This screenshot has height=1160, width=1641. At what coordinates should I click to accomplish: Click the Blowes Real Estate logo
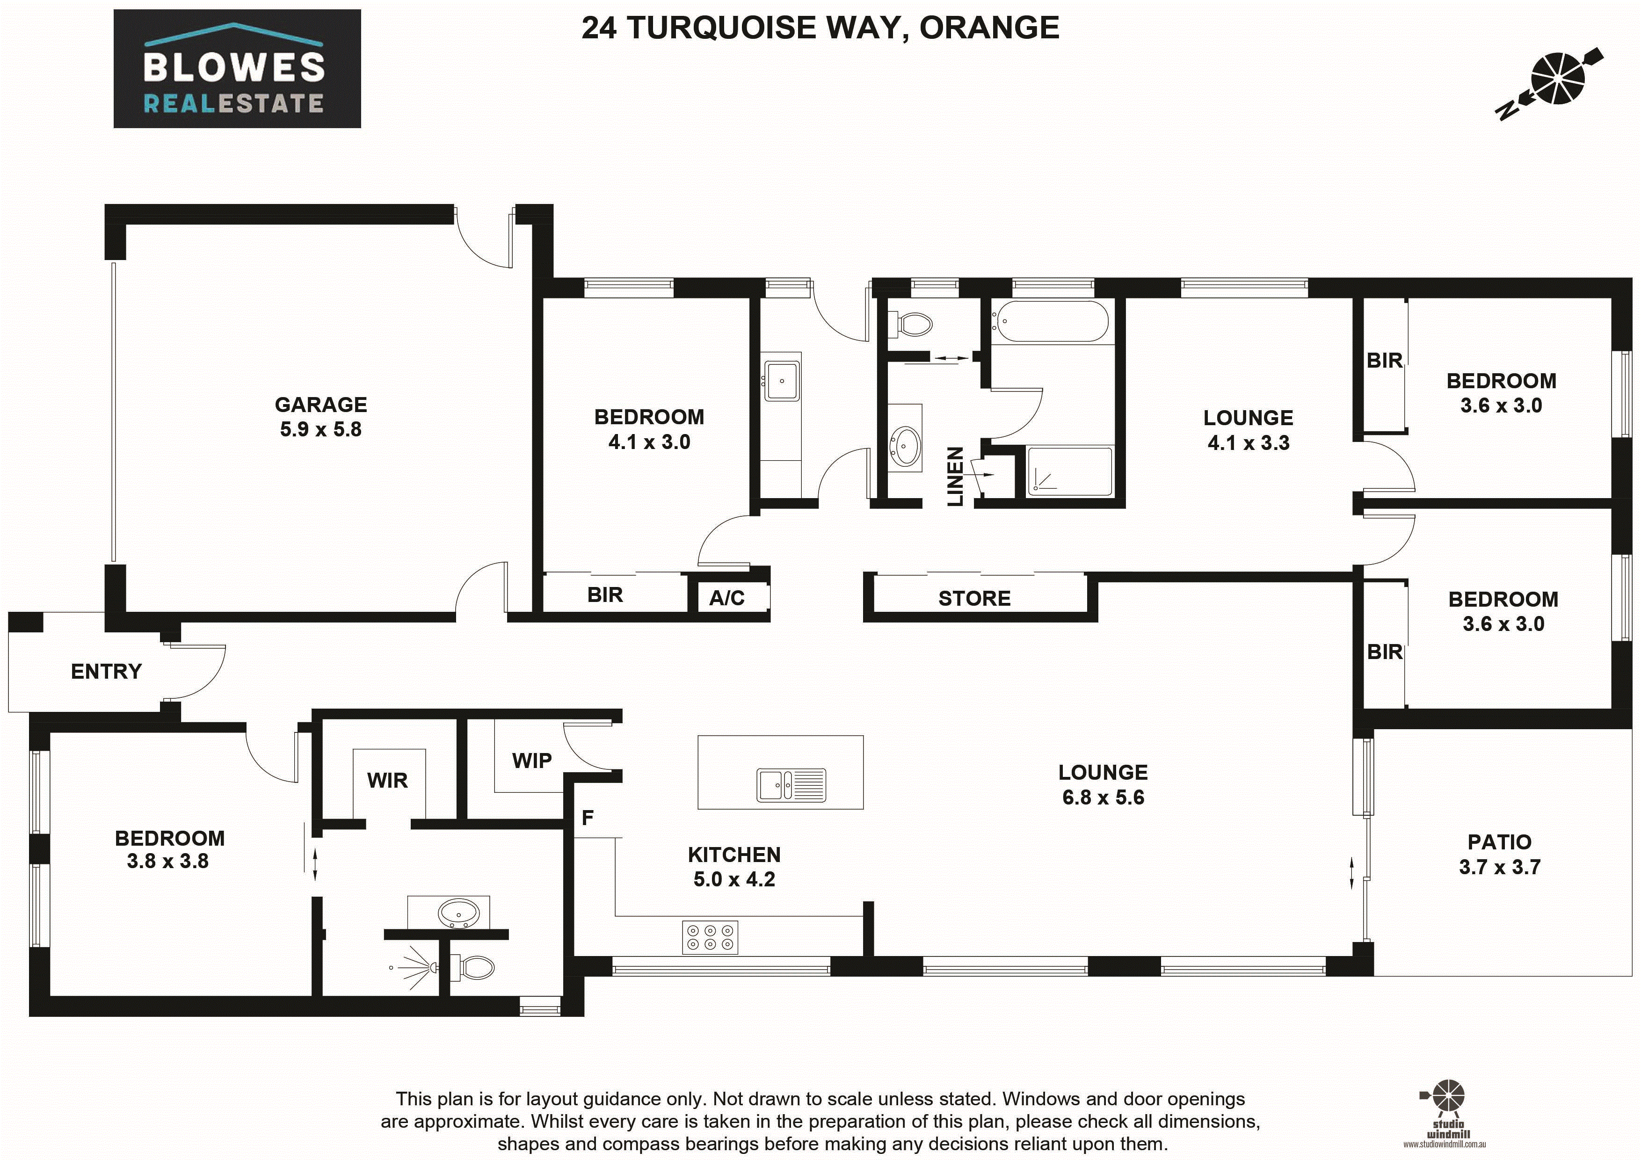[x=237, y=69]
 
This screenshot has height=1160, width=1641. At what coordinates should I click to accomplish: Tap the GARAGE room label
[x=321, y=405]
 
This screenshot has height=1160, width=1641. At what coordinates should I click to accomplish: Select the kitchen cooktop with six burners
[x=710, y=937]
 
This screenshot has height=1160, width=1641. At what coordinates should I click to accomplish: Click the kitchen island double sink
[x=791, y=785]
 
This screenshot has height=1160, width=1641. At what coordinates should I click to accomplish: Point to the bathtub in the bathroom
[x=1050, y=322]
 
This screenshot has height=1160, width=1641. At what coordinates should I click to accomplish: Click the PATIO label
[x=1499, y=842]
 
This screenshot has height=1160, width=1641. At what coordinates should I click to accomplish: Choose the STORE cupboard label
[x=974, y=598]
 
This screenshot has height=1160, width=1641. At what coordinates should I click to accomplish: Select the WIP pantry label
[x=532, y=761]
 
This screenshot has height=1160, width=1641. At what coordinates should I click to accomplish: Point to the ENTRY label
[x=107, y=671]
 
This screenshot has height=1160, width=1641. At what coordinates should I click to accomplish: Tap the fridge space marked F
[x=588, y=818]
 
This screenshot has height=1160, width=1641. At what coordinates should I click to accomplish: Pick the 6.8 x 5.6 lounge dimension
[x=1103, y=797]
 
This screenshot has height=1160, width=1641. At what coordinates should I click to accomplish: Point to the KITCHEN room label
[x=734, y=855]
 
